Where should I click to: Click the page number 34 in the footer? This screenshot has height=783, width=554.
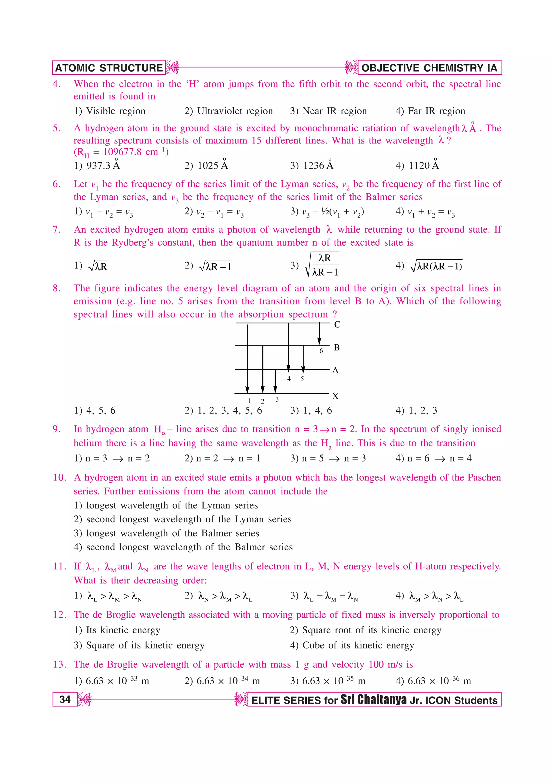(x=65, y=700)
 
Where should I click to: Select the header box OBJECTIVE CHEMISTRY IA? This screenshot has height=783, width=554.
(x=429, y=68)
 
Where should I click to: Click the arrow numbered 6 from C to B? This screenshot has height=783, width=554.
(x=319, y=333)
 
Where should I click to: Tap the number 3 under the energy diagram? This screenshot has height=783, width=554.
(x=277, y=399)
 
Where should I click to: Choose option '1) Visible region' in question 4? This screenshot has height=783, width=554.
(x=110, y=111)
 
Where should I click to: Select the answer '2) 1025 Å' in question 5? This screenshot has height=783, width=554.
(x=206, y=165)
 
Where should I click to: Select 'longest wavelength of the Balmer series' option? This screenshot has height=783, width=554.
(x=167, y=533)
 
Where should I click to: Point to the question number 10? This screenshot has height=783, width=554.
(x=60, y=477)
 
